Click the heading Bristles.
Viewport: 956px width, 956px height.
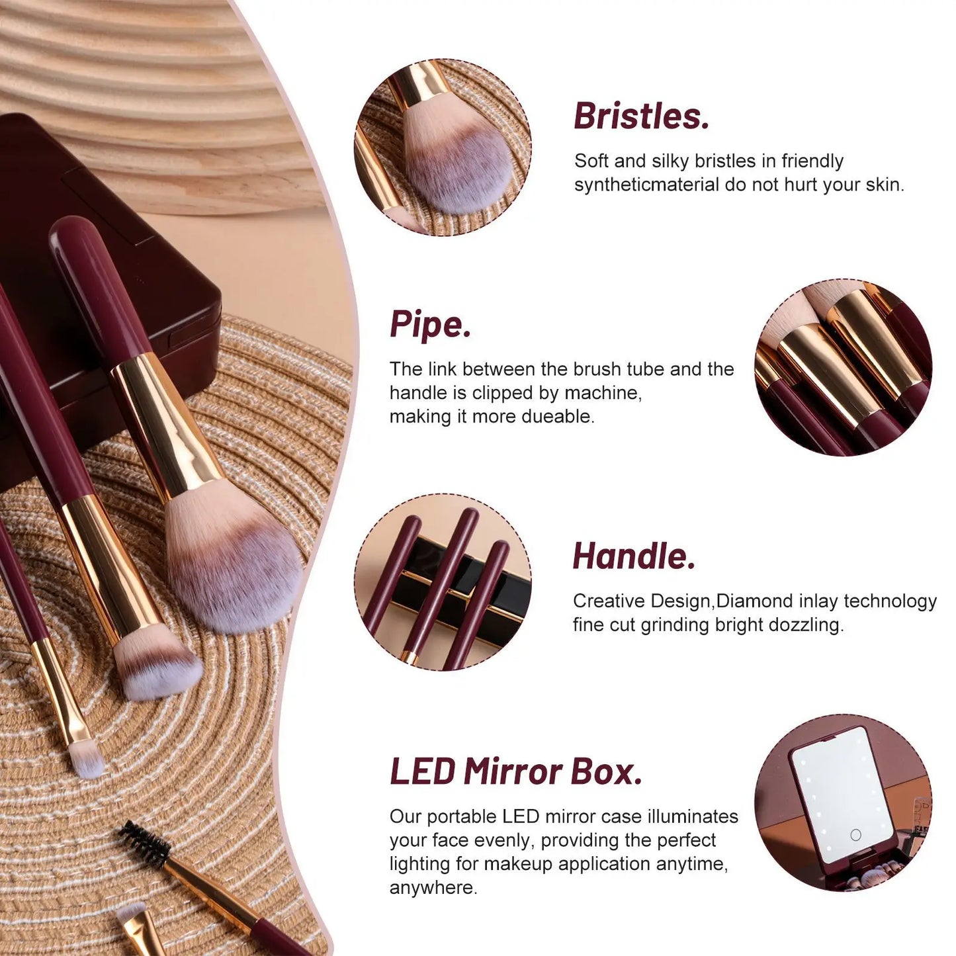(641, 116)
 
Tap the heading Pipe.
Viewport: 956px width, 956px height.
(430, 325)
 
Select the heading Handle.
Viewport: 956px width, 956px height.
(634, 556)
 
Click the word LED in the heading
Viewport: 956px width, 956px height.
(423, 772)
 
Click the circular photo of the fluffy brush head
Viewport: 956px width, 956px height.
(443, 147)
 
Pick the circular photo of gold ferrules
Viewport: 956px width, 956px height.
(843, 367)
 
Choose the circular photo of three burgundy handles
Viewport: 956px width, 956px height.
(443, 582)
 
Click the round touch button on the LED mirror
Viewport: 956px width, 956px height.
(855, 835)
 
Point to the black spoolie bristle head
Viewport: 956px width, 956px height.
(144, 843)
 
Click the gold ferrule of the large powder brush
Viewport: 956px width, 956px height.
(165, 423)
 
